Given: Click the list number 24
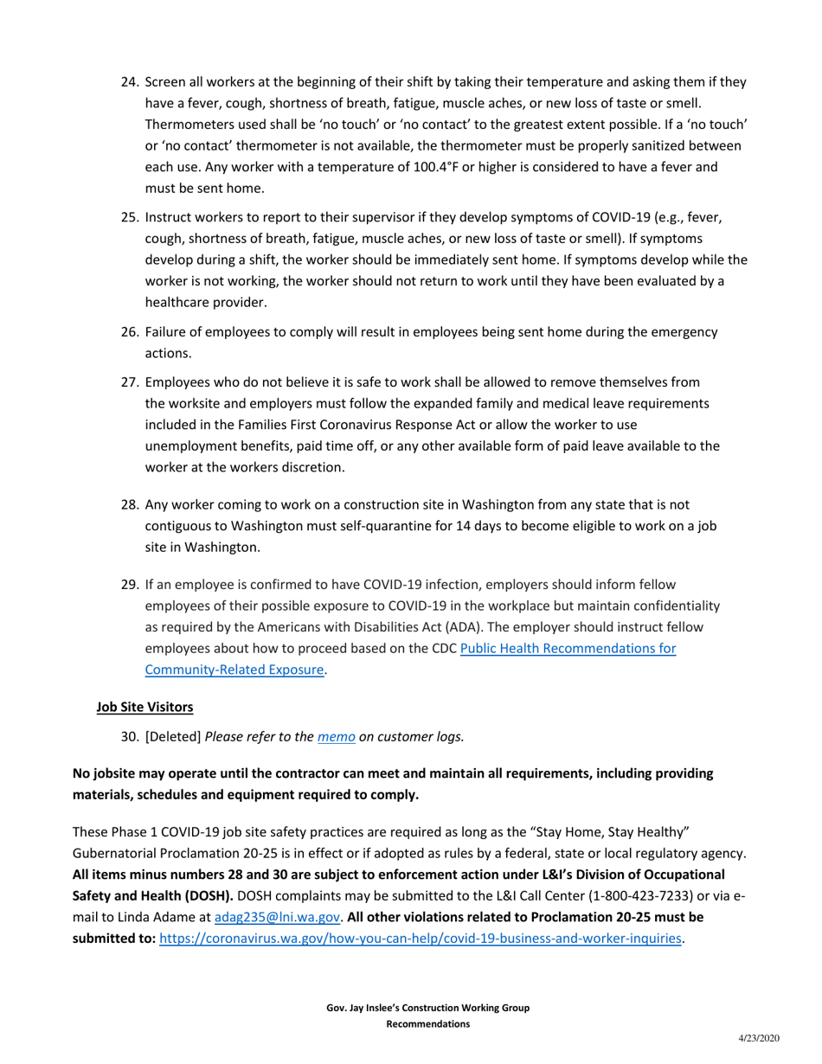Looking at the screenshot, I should pyautogui.click(x=130, y=84).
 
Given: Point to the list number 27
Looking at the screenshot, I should pyautogui.click(x=130, y=382).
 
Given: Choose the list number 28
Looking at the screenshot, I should pyautogui.click(x=130, y=504).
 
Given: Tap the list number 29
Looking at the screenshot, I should pyautogui.click(x=130, y=584).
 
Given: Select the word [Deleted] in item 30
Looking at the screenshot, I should pyautogui.click(x=173, y=737).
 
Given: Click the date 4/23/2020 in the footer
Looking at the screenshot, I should pyautogui.click(x=758, y=1037).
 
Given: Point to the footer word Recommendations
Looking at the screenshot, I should pyautogui.click(x=427, y=1023).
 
